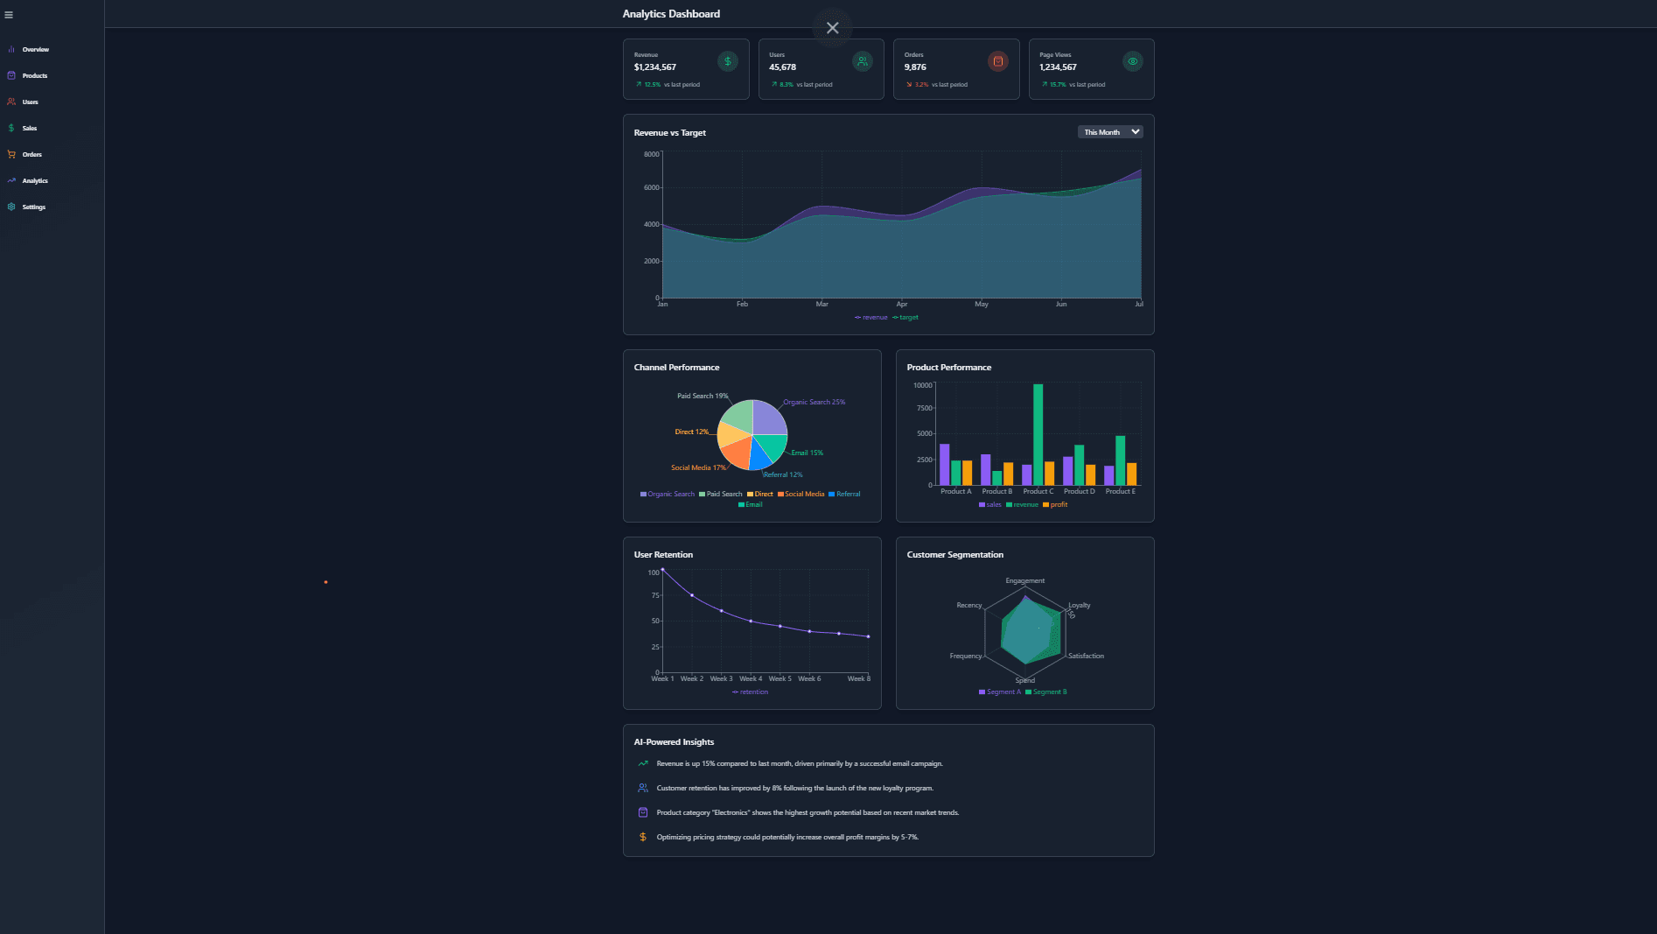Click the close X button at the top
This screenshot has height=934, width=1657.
click(832, 28)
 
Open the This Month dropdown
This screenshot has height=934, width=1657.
click(1110, 132)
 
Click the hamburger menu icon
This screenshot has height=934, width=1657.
click(9, 15)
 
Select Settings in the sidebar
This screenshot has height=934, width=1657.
click(33, 207)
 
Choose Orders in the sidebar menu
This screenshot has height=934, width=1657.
click(31, 155)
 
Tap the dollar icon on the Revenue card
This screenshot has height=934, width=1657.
click(727, 61)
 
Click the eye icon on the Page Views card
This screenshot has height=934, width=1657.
click(1132, 61)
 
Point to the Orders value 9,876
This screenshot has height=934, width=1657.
click(915, 67)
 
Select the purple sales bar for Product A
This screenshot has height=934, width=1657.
click(944, 464)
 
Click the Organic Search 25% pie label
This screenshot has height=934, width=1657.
click(814, 403)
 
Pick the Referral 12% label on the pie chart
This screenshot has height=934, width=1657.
click(783, 475)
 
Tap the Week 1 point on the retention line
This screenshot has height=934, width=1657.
click(662, 570)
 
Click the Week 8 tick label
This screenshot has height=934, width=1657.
click(859, 679)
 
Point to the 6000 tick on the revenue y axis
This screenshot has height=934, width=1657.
click(652, 188)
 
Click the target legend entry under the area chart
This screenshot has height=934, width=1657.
click(906, 318)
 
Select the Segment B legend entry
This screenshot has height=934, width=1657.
click(1046, 692)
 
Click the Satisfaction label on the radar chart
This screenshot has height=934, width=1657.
click(1086, 657)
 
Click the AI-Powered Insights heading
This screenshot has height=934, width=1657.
click(674, 742)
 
